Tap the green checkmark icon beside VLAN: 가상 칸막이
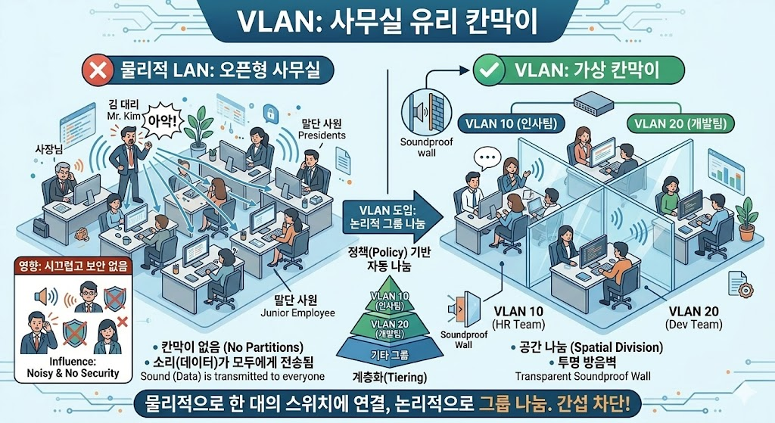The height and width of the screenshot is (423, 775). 489,72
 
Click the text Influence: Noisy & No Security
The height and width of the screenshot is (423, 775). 73,367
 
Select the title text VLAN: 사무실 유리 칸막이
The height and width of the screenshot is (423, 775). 386,21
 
